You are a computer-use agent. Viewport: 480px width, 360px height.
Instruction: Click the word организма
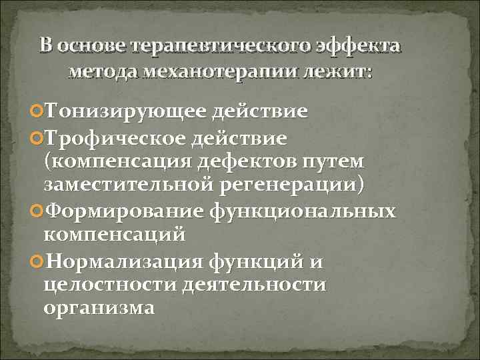(x=99, y=308)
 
